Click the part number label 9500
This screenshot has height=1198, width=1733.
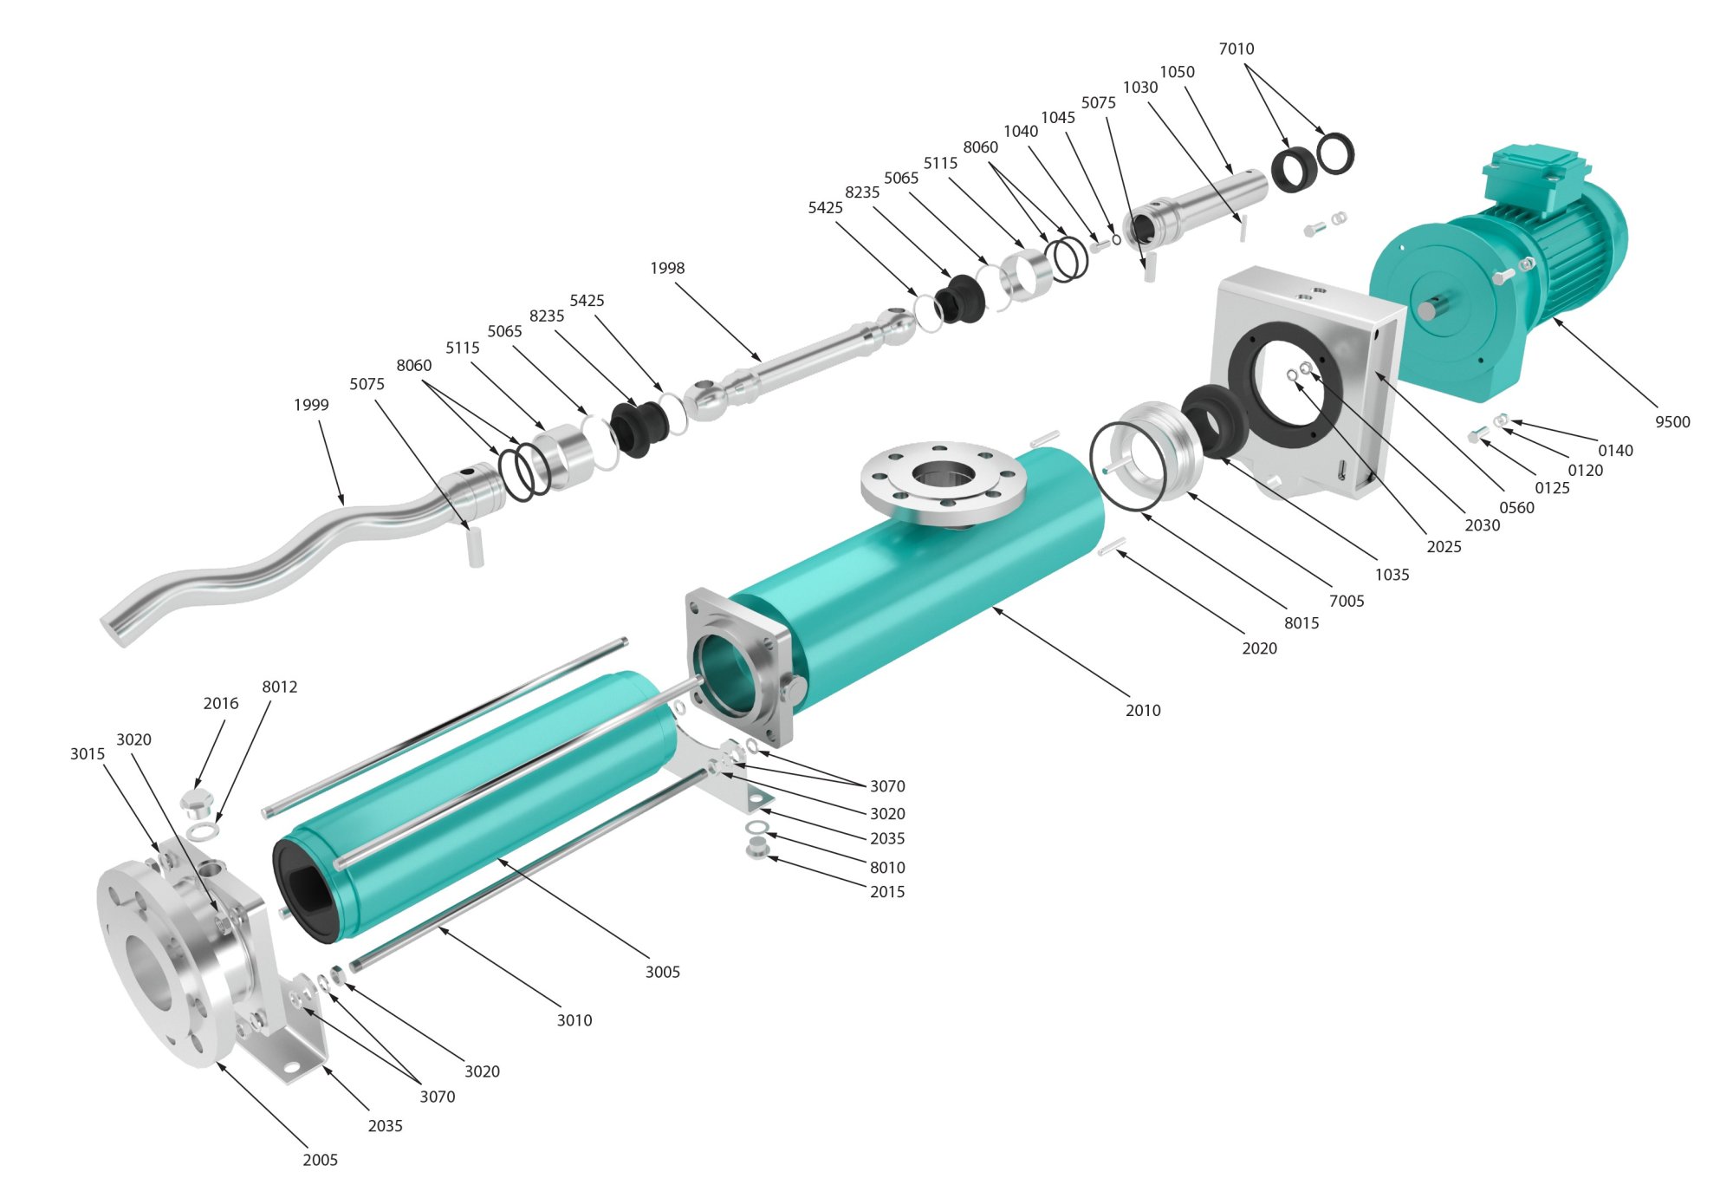point(1672,422)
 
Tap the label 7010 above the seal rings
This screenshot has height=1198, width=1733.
point(1236,49)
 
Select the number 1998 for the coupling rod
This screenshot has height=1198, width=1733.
point(667,269)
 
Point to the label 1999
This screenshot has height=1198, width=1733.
point(311,405)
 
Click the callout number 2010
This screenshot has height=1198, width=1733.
point(1143,711)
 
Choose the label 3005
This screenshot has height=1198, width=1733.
point(662,973)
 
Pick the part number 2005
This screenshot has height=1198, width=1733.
point(320,1161)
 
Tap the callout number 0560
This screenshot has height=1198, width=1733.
point(1516,508)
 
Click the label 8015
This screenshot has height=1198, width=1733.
point(1301,623)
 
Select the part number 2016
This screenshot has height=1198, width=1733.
point(221,704)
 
